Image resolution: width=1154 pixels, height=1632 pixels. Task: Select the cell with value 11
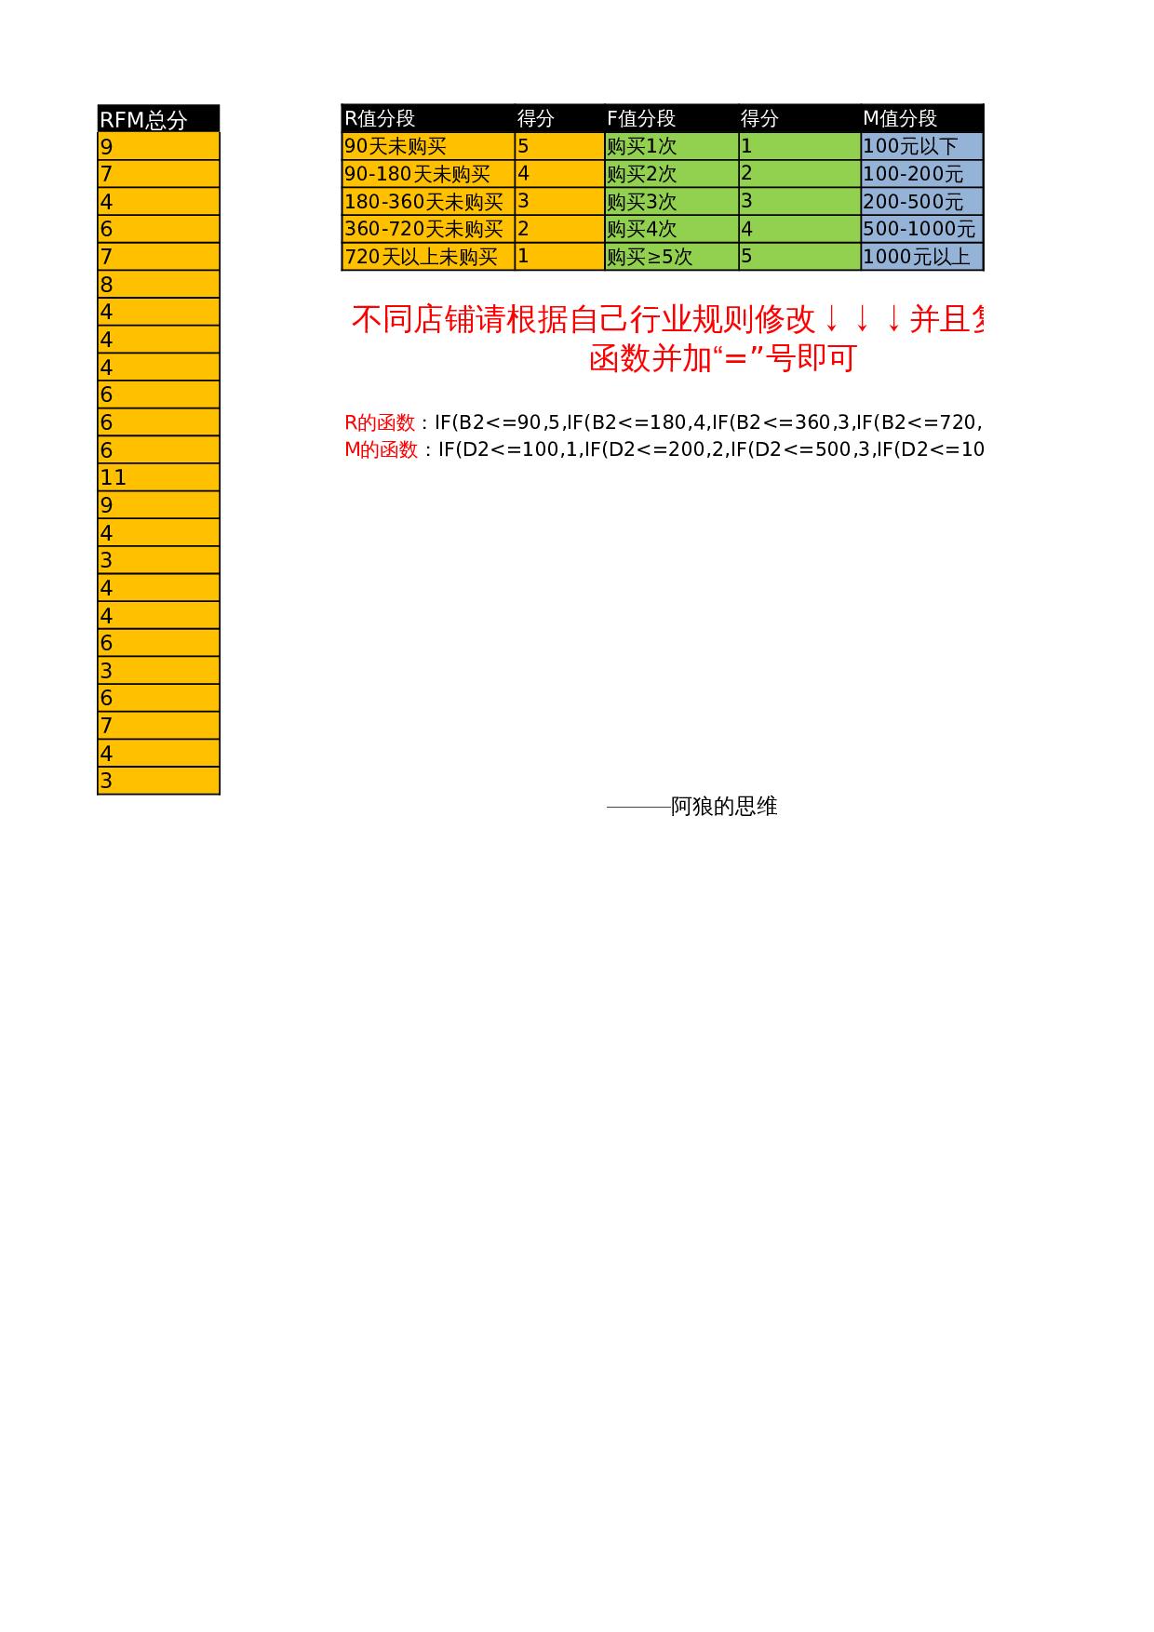(158, 477)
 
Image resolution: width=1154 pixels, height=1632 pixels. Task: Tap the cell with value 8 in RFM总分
(158, 285)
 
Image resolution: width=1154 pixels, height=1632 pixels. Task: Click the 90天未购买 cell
(427, 146)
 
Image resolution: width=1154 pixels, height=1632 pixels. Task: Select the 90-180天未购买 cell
(427, 174)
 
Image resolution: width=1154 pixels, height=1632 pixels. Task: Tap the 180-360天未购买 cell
(427, 201)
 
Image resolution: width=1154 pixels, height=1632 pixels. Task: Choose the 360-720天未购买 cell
(427, 229)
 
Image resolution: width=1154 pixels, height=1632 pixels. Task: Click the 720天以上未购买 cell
(427, 257)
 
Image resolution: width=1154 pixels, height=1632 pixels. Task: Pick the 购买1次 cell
(670, 146)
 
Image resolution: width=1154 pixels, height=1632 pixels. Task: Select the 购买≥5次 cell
(670, 257)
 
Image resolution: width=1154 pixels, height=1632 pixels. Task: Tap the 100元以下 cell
(921, 146)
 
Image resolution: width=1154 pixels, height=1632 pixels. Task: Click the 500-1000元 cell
(921, 229)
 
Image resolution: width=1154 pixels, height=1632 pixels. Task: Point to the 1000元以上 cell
(921, 257)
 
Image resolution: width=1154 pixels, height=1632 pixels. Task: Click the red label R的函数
(380, 422)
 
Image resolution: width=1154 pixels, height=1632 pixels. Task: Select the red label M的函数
(382, 449)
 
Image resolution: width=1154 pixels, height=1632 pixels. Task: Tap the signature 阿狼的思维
(724, 806)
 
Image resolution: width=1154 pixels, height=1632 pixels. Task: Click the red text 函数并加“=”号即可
(723, 358)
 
